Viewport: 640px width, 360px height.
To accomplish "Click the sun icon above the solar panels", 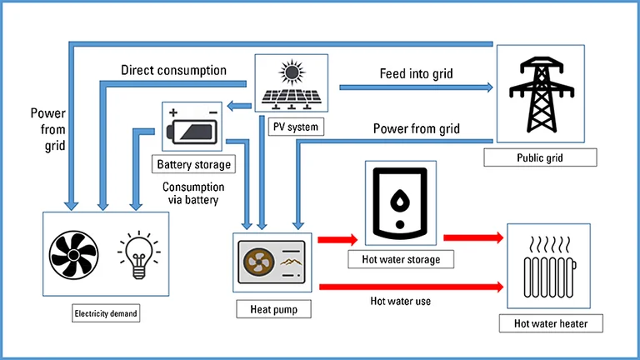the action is click(x=292, y=72).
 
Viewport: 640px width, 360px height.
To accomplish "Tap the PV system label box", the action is click(x=296, y=127).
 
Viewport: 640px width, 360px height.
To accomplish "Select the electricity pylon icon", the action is click(x=541, y=95).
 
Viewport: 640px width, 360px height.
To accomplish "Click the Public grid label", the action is click(x=540, y=157).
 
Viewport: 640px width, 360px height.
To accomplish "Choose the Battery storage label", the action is click(x=194, y=164).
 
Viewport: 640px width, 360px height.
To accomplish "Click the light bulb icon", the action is click(x=139, y=255).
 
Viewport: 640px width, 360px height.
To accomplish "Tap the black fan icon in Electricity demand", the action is click(x=74, y=255).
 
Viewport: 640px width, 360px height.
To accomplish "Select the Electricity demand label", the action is click(x=106, y=313).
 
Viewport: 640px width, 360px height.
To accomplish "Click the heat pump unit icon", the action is click(x=272, y=262).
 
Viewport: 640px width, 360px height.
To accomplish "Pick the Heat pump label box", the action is click(x=273, y=309).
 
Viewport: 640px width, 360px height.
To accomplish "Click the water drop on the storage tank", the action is click(x=400, y=199).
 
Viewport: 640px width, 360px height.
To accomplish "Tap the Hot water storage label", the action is click(x=401, y=259).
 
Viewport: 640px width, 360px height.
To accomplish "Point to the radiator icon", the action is click(x=549, y=267).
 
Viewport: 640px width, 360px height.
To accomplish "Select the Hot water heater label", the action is click(x=551, y=323).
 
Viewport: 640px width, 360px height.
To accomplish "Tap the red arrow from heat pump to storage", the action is click(x=337, y=239).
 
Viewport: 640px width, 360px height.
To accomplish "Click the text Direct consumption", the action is click(x=173, y=70).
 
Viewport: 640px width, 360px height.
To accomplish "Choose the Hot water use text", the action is click(x=400, y=301).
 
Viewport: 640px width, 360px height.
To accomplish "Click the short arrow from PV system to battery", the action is click(x=239, y=106).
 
